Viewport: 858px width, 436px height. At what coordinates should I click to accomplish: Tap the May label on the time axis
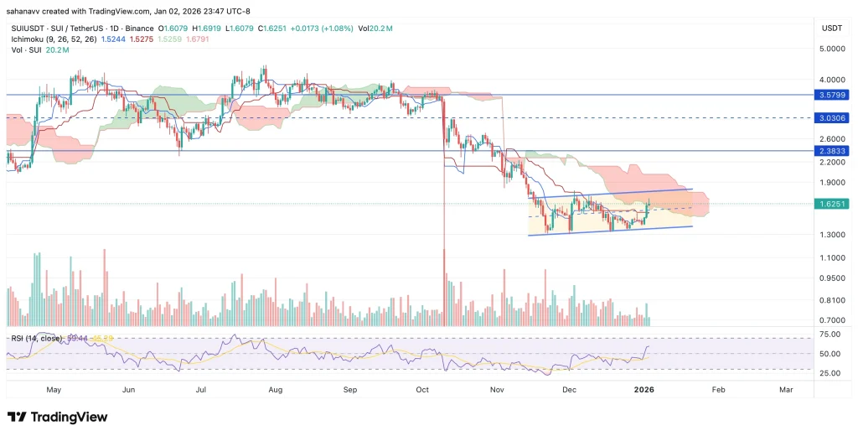point(54,390)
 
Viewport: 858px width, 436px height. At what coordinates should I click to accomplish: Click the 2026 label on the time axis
point(643,390)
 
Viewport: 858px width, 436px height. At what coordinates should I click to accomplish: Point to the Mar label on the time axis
point(786,390)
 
